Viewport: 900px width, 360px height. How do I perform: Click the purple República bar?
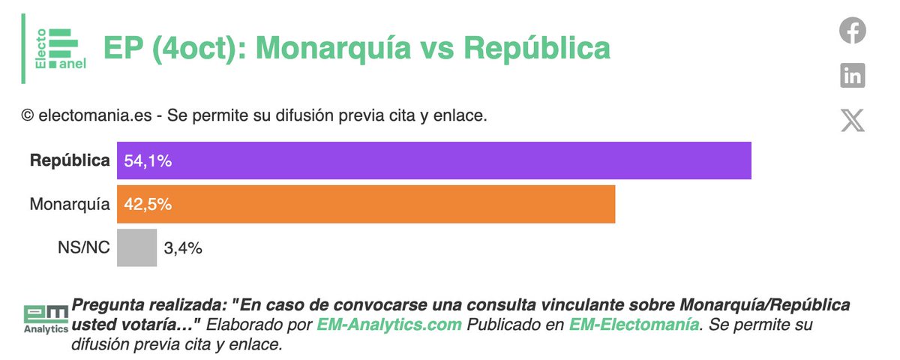450,160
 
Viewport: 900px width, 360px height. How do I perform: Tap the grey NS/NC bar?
136,248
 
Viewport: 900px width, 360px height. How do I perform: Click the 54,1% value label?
148,160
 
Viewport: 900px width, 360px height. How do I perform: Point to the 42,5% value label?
148,204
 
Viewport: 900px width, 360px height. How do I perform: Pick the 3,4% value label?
182,248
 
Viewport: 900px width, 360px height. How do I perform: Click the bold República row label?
70,160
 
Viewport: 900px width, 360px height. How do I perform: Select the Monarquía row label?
70,204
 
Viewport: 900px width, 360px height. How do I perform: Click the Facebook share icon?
852,31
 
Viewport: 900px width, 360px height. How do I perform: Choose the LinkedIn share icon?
852,75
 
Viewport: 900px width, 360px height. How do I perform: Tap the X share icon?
852,120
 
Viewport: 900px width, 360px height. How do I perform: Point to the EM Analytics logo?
45,319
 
